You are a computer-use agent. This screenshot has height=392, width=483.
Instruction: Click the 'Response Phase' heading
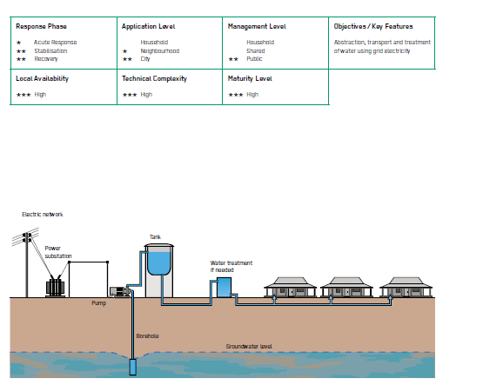[x=41, y=26]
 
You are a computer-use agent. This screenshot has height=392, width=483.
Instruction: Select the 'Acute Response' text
[x=56, y=42]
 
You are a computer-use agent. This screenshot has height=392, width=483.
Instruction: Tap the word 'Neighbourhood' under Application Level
[x=160, y=50]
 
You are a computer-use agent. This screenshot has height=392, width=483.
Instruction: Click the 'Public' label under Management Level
[x=254, y=59]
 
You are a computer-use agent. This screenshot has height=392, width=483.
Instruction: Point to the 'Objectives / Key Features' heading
[x=373, y=26]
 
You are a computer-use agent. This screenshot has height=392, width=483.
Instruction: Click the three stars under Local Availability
[x=23, y=95]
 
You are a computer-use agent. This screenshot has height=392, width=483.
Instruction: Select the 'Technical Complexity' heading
[x=154, y=79]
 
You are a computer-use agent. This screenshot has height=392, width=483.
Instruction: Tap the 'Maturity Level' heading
[x=250, y=79]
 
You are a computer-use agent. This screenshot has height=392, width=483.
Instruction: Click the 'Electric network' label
[x=43, y=215]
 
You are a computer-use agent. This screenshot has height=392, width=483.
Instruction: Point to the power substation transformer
[x=55, y=288]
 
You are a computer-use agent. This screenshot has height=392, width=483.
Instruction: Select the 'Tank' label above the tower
[x=155, y=237]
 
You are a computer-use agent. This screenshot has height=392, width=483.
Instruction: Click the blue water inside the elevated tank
[x=159, y=263]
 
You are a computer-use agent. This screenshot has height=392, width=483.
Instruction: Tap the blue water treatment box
[x=224, y=288]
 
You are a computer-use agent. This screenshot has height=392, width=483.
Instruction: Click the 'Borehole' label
[x=148, y=336]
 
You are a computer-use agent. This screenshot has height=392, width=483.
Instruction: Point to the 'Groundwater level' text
[x=249, y=347]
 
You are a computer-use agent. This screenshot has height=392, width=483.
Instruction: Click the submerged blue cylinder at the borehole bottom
[x=133, y=367]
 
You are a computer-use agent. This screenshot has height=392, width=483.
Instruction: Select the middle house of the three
[x=346, y=287]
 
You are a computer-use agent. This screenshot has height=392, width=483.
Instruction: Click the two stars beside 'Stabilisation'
[x=21, y=51]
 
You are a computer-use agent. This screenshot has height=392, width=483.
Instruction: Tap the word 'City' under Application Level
[x=145, y=59]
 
